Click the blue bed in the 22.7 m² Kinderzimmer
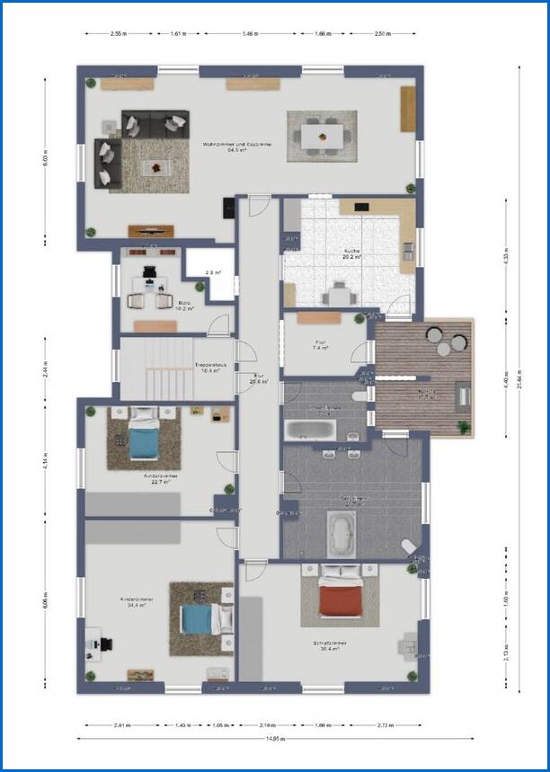pyautogui.click(x=142, y=439)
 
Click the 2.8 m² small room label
pyautogui.click(x=212, y=271)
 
